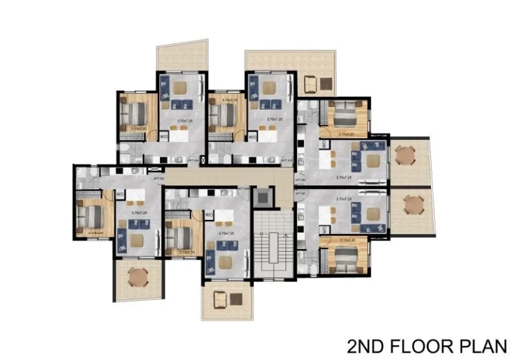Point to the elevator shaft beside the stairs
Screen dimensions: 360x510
click(x=263, y=196)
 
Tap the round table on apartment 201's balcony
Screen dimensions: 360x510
click(x=414, y=203)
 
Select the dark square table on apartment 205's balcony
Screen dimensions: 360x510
click(x=327, y=83)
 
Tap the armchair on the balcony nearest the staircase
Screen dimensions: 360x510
click(x=219, y=300)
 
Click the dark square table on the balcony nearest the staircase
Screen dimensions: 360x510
click(x=236, y=299)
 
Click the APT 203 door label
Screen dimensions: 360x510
click(x=299, y=179)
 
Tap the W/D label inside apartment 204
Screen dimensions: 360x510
click(x=163, y=137)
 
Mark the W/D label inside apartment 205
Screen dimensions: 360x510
click(x=252, y=137)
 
